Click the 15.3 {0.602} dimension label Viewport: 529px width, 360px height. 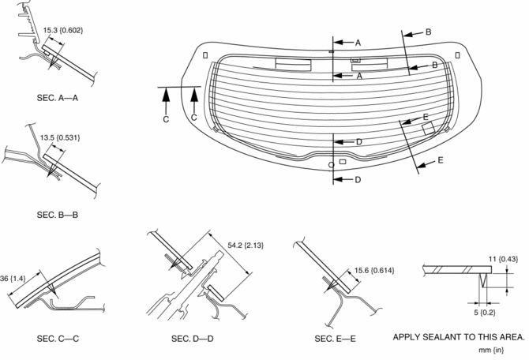click(62, 30)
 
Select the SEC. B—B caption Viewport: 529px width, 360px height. click(57, 214)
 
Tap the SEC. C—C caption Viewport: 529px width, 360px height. click(57, 339)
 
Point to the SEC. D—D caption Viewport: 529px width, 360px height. click(192, 339)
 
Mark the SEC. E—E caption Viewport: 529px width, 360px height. click(336, 339)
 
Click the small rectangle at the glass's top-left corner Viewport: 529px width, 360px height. click(205, 55)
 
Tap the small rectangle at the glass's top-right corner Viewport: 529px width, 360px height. click(458, 54)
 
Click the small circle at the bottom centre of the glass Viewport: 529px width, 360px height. click(330, 164)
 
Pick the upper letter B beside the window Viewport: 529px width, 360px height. click(428, 32)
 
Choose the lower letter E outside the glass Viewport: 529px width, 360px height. click(440, 160)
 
